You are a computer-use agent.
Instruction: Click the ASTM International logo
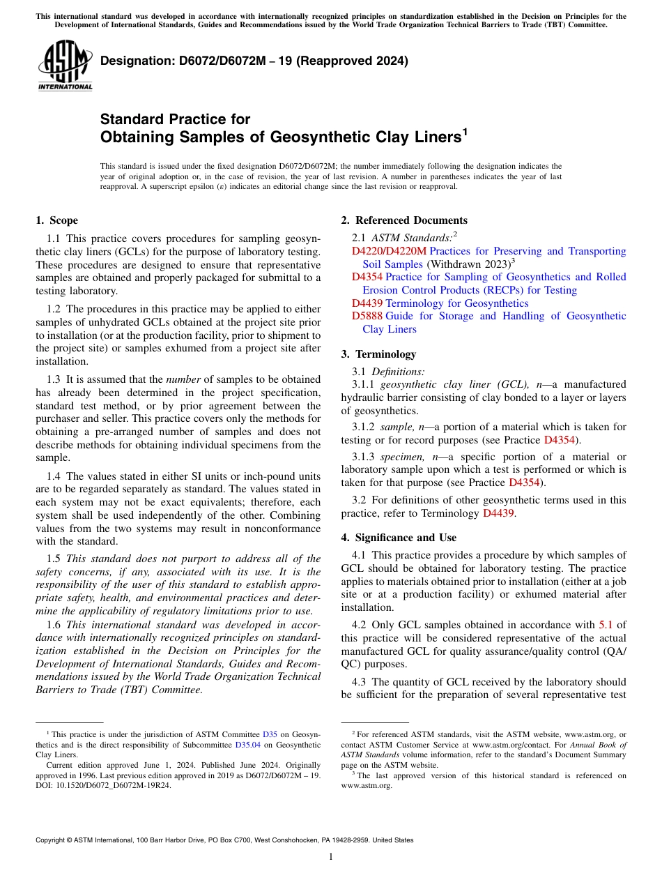[x=65, y=66]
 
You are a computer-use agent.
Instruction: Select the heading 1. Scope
[x=56, y=220]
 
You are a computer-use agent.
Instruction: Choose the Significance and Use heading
[x=399, y=538]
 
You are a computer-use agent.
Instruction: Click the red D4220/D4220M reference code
[x=389, y=251]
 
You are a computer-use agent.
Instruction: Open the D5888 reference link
[x=367, y=316]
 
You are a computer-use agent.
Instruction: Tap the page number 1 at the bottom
[x=331, y=857]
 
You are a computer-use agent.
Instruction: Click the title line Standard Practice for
[x=175, y=119]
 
